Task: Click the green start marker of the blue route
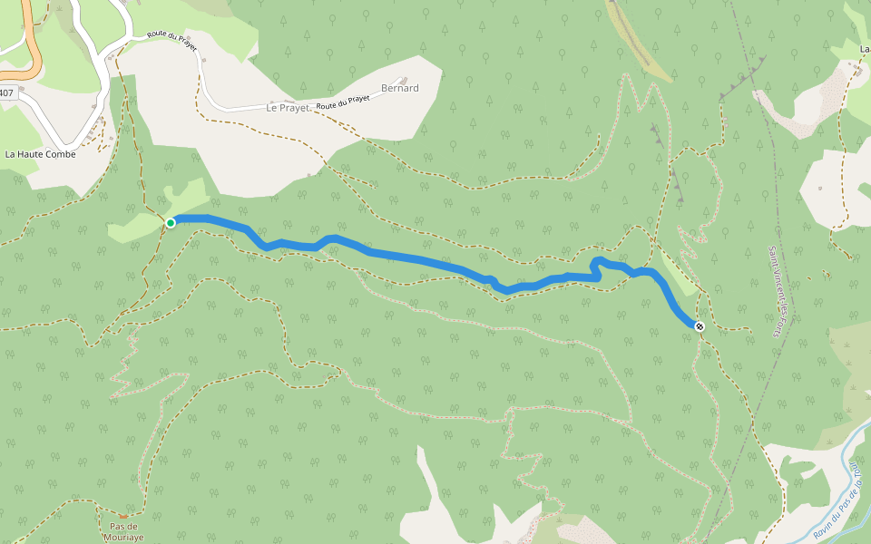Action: (x=171, y=222)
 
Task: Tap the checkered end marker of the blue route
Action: (x=700, y=325)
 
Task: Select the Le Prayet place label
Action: (x=288, y=107)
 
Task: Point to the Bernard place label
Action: (x=400, y=88)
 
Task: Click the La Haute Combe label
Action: (x=40, y=154)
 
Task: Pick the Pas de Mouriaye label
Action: (x=122, y=531)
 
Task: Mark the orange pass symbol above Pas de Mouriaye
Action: (x=123, y=516)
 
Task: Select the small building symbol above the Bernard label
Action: (x=404, y=79)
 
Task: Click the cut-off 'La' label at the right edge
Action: (x=865, y=48)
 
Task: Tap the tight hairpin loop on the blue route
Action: (x=596, y=265)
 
